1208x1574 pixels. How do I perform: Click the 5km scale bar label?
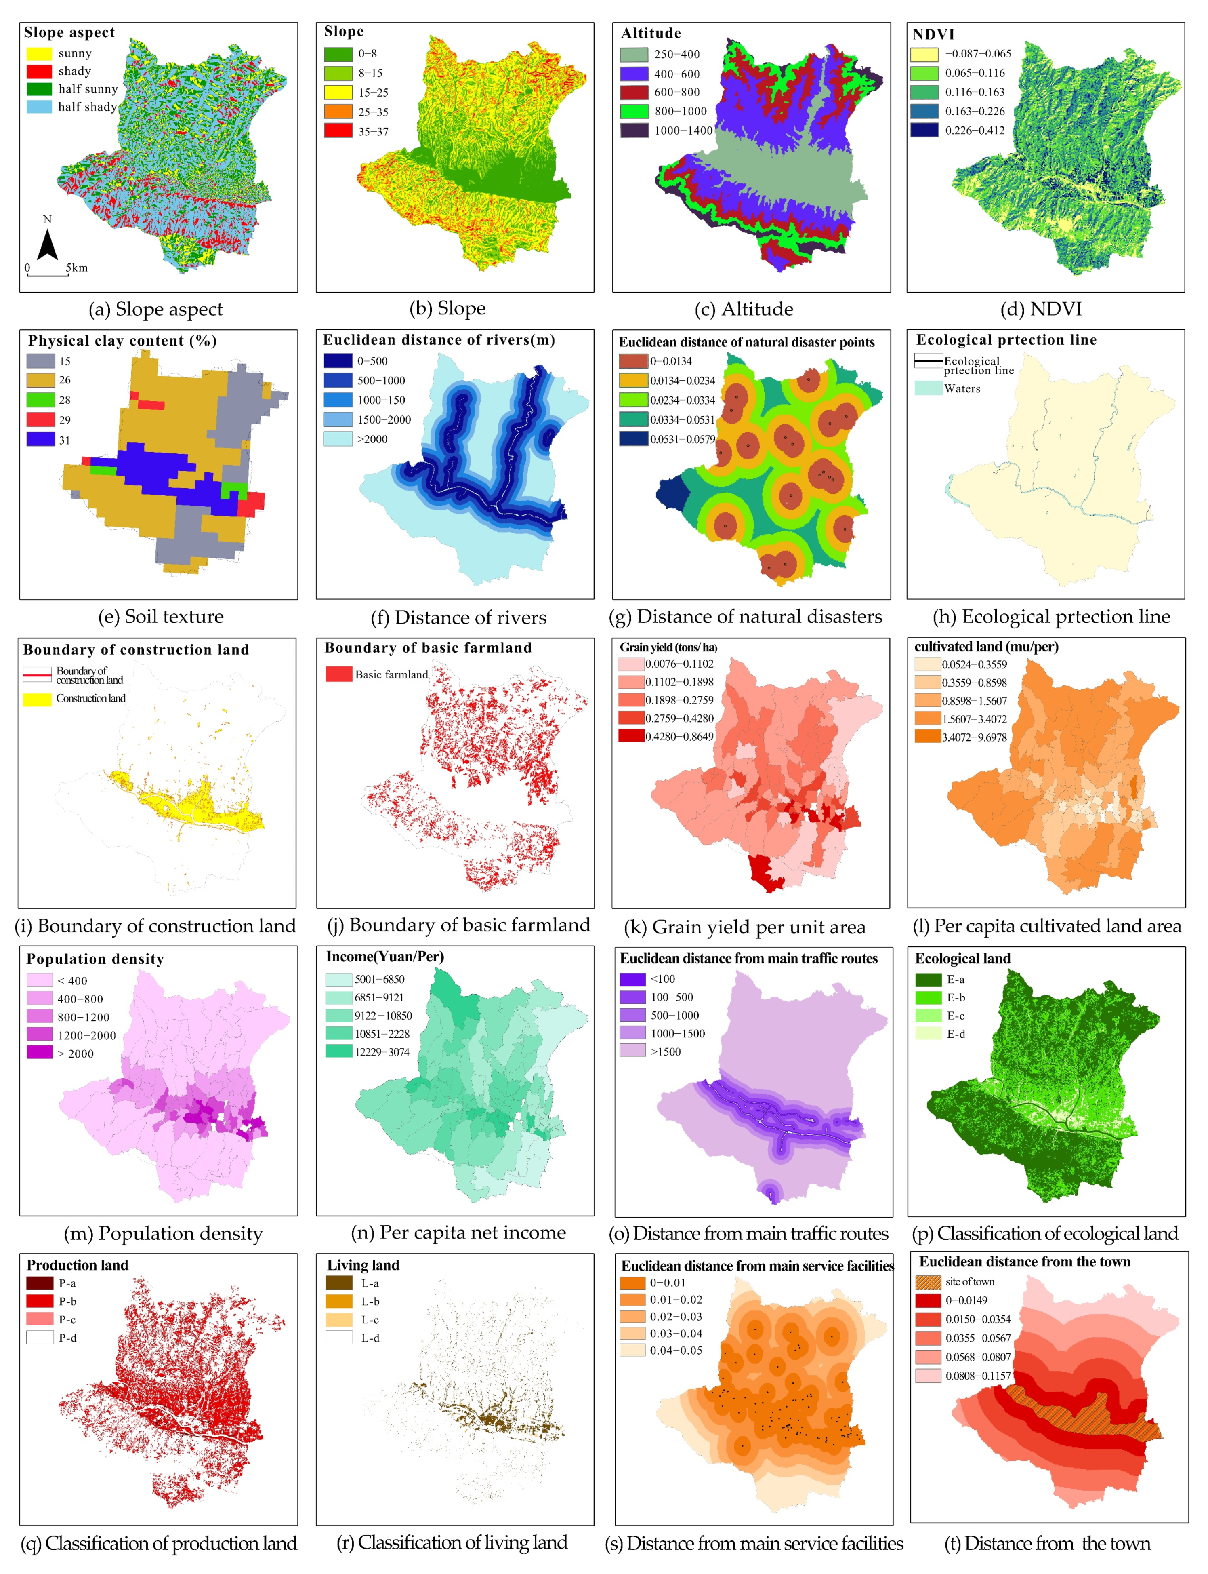click(77, 268)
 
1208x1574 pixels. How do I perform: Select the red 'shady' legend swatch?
click(40, 71)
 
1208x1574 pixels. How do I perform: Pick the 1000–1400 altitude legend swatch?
click(634, 130)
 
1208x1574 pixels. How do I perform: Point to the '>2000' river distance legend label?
click(372, 439)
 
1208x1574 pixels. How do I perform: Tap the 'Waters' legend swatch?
click(928, 388)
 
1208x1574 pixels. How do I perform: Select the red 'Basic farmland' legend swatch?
click(339, 674)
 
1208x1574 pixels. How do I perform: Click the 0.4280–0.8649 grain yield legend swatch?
click(631, 736)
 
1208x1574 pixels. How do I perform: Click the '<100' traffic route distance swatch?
click(633, 979)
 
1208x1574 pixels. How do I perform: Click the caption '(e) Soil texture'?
click(161, 617)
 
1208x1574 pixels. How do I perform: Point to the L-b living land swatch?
click(339, 1301)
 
